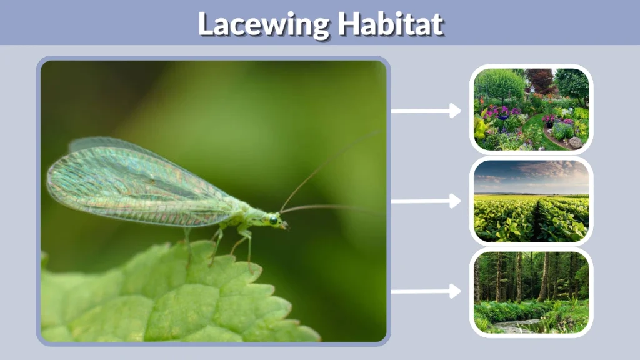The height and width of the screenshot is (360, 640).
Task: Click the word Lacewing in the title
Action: tap(262, 24)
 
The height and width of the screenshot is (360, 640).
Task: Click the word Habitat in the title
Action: tap(391, 24)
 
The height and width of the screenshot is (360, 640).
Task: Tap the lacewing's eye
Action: tap(274, 219)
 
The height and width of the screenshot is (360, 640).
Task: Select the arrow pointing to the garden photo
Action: tap(426, 111)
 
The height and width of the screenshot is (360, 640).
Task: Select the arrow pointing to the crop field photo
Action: tap(426, 201)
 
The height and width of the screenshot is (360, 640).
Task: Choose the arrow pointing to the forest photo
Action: tap(426, 292)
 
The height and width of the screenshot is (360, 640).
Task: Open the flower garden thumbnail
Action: tap(531, 109)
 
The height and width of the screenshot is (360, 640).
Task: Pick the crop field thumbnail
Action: tap(531, 200)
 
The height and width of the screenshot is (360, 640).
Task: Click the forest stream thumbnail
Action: tap(531, 292)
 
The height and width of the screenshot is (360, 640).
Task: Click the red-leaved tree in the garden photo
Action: tap(539, 79)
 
